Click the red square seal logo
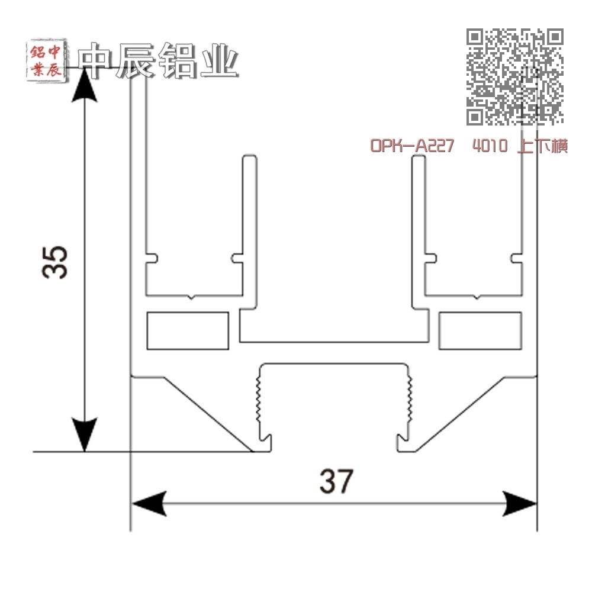tap(45, 62)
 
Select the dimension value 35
tap(56, 261)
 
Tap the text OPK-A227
tap(412, 146)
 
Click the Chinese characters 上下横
tap(542, 146)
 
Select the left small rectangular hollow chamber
tap(188, 330)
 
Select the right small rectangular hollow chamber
tap(480, 330)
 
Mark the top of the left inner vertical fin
tap(249, 159)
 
